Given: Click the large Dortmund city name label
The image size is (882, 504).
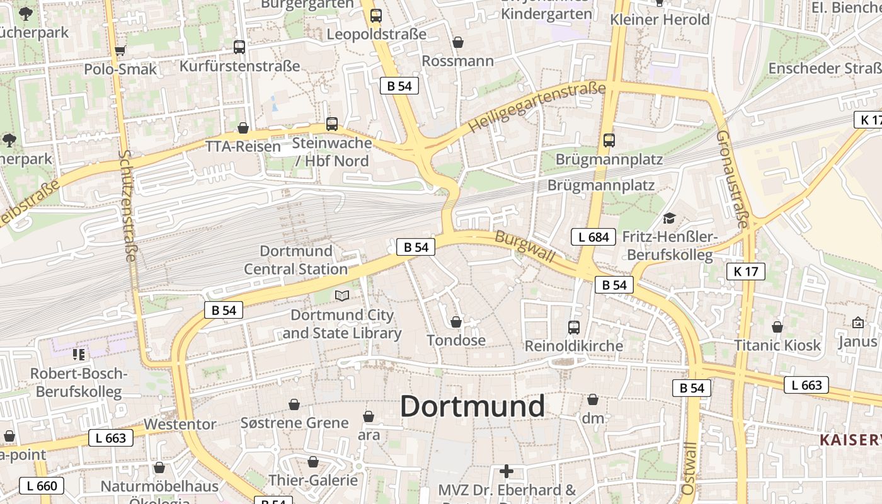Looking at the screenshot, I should click(472, 406).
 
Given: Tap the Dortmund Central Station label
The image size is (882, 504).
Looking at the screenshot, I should click(296, 260).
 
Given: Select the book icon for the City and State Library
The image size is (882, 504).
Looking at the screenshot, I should click(341, 295).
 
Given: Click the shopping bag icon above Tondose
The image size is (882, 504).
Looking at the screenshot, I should click(456, 322).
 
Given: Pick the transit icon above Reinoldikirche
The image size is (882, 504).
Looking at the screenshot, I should click(573, 327).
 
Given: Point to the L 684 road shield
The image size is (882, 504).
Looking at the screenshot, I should click(593, 237).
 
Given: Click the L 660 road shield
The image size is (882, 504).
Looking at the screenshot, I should click(42, 486).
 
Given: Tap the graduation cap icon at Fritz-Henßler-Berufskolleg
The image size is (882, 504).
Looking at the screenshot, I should click(668, 218).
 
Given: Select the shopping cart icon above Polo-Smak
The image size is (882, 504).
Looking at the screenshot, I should click(120, 50).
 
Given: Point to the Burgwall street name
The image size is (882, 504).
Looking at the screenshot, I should click(525, 246).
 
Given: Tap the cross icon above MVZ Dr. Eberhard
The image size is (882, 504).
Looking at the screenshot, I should click(506, 471).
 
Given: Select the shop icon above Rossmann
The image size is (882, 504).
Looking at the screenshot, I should click(458, 42).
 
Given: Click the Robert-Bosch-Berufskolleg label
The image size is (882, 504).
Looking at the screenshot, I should click(79, 382).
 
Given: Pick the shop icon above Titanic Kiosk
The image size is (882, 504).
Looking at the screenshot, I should click(777, 327).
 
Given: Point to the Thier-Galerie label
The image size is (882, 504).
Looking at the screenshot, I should click(313, 480).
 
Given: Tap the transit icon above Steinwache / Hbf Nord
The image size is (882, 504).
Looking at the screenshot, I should click(332, 123).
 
